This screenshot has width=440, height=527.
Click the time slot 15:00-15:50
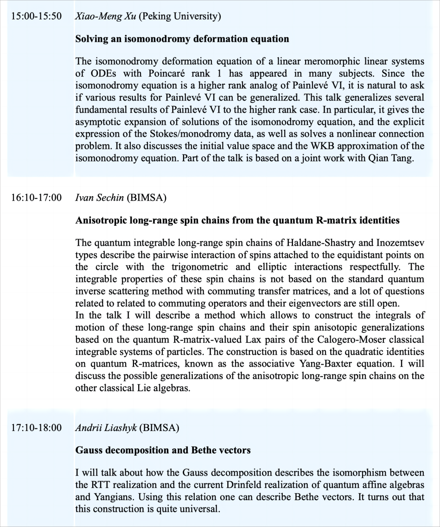37,16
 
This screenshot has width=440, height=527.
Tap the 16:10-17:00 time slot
37,198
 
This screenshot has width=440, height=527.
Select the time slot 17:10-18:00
37,428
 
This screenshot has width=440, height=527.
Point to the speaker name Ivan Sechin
100,198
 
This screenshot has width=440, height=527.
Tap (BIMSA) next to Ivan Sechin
147,198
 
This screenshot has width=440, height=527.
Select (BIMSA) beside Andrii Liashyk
159,428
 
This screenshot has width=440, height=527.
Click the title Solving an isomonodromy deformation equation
182,39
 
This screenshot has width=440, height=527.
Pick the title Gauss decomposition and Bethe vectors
163,450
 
